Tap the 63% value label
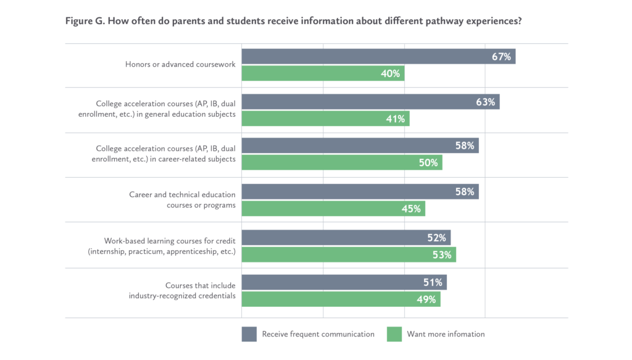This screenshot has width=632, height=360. point(485,102)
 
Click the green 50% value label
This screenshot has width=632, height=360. point(428,163)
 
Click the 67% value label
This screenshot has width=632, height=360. point(501,57)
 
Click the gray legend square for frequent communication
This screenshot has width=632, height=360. point(249,334)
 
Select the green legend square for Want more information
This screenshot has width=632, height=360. point(394,334)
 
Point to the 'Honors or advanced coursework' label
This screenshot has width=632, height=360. point(180,64)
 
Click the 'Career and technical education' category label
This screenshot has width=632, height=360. point(183,195)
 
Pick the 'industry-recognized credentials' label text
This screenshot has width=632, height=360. point(182,296)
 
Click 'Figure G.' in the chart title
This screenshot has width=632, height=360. point(85,20)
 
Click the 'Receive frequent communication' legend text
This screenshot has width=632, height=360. point(318,334)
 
